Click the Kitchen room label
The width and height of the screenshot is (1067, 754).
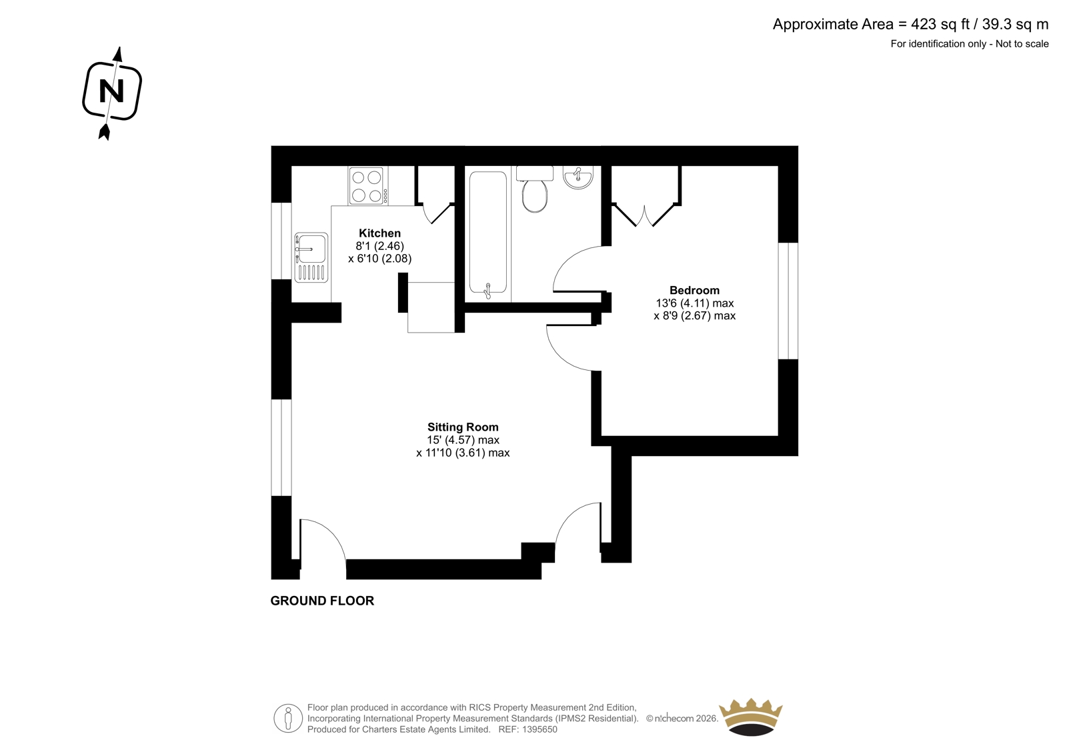click(x=379, y=233)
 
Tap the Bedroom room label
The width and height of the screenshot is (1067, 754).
click(x=694, y=290)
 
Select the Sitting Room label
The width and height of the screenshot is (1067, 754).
click(x=463, y=427)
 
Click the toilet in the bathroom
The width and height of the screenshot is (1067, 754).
click(x=534, y=189)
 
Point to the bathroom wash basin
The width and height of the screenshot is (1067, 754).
click(x=578, y=177)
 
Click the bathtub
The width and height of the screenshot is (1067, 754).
click(x=487, y=233)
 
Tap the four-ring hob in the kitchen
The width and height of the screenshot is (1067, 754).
click(x=367, y=186)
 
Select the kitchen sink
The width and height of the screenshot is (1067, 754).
click(x=311, y=257)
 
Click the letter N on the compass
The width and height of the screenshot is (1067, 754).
click(x=111, y=91)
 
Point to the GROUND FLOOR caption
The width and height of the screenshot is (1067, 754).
click(x=322, y=601)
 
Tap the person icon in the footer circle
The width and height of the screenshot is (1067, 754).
click(x=287, y=718)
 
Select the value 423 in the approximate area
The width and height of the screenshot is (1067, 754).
click(x=924, y=24)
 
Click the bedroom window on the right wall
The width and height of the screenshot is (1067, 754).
click(x=788, y=301)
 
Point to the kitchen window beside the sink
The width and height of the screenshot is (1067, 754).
click(x=281, y=241)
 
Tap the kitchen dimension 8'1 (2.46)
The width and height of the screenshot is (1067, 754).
click(x=379, y=246)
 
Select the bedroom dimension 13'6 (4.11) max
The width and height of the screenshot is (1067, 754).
click(x=694, y=303)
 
